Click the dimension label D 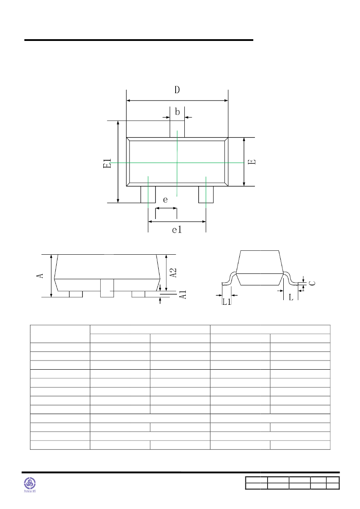pos(177,90)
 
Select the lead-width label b pos(177,112)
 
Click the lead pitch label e pos(165,200)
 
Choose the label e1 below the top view pos(177,230)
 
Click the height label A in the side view pos(40,276)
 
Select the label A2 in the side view pos(173,273)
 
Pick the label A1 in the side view pos(183,294)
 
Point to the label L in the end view pos(291,297)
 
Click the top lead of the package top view pos(177,129)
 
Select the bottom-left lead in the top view pos(148,194)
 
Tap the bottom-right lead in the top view pos(206,194)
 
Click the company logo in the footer pos(31,483)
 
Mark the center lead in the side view pos(107,288)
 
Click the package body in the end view pos(259,267)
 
